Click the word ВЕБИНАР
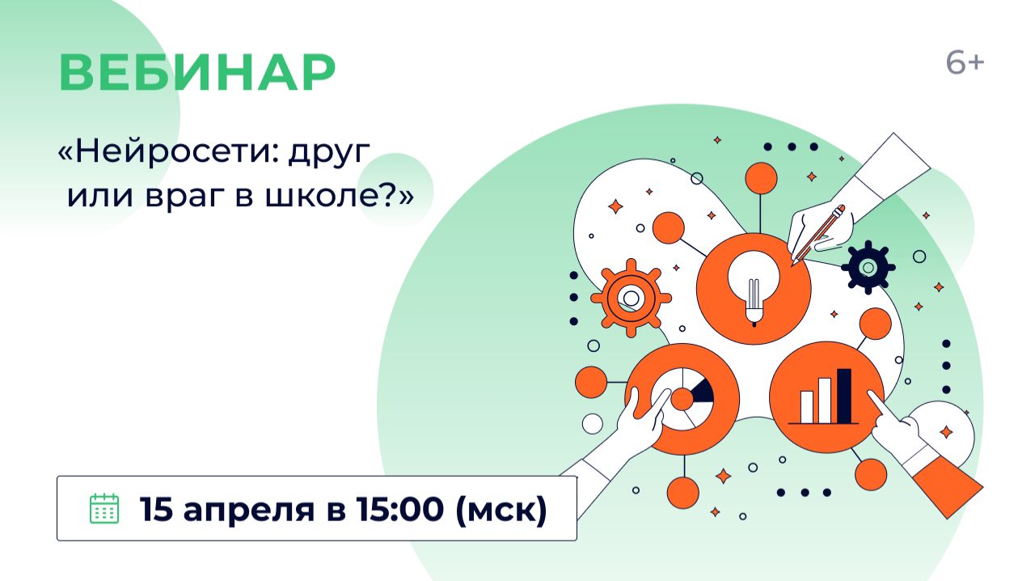197,73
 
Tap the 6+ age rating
965,63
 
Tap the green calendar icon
103,508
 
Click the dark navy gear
868,267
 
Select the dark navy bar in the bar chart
844,396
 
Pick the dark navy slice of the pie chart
702,392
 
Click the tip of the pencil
796,261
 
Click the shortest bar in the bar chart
807,406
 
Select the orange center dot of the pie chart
682,398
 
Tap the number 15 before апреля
155,509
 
